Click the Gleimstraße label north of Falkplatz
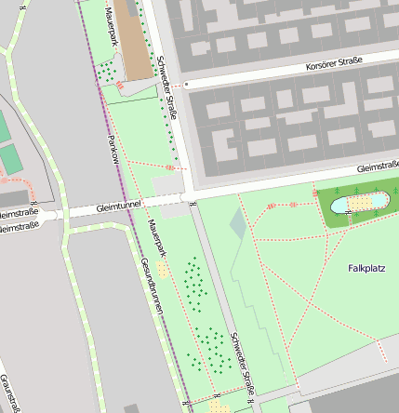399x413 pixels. [x=379, y=167]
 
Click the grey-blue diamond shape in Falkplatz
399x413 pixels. [x=239, y=223]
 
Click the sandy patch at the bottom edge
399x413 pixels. [x=219, y=406]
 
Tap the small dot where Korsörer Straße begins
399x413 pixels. [x=186, y=84]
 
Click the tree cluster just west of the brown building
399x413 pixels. [x=110, y=69]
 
